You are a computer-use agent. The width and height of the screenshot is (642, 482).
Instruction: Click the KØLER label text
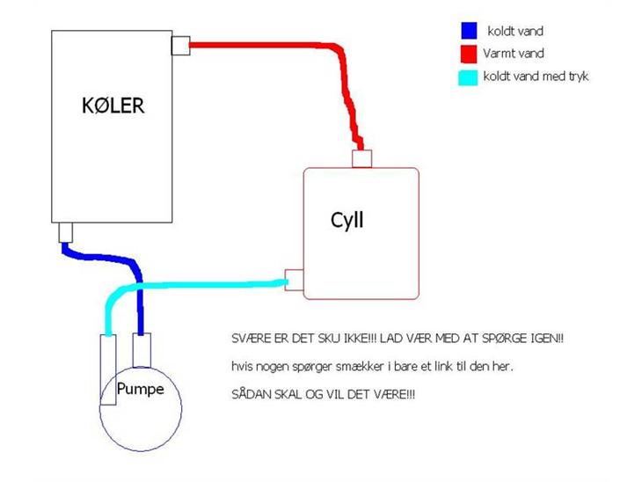click(x=113, y=106)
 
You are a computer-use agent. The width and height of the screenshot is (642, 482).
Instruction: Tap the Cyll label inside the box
click(x=347, y=220)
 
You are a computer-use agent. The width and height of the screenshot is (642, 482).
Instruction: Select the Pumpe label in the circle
click(x=140, y=389)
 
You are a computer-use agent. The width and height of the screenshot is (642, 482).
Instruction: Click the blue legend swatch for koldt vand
click(x=470, y=30)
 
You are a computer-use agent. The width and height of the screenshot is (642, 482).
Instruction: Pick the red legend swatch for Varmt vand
click(x=469, y=54)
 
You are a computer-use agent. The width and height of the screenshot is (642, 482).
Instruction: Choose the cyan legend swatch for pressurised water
click(x=468, y=77)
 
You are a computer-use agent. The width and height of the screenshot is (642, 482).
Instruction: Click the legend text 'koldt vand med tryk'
click(x=536, y=77)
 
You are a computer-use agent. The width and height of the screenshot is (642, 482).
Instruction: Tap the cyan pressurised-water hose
click(x=185, y=285)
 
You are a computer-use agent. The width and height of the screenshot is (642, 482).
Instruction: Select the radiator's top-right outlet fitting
click(x=180, y=46)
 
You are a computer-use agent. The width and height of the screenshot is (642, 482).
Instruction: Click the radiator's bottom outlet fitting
click(x=65, y=232)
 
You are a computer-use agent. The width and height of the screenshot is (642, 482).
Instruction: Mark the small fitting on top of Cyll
click(x=362, y=159)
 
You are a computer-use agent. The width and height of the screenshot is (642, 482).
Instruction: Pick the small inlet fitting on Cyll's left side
click(x=294, y=280)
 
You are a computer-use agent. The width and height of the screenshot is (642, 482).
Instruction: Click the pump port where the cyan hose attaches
click(x=108, y=369)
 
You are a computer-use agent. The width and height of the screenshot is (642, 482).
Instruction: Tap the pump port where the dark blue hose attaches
click(x=142, y=350)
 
